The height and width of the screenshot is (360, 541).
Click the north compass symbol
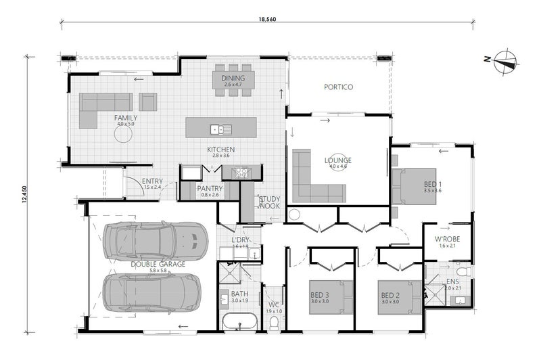(504, 61)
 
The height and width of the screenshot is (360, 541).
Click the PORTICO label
(338, 87)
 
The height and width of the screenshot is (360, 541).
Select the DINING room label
(233, 78)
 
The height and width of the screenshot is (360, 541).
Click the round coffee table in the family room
(123, 134)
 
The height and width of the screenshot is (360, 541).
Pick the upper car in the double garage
(155, 240)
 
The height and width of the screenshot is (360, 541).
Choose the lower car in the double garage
(151, 292)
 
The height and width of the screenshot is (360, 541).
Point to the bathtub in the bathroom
(239, 321)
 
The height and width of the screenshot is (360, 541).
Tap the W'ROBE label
(447, 239)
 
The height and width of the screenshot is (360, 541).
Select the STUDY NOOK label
(270, 201)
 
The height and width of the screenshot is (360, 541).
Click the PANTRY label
(210, 188)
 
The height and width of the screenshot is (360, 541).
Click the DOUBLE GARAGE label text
(158, 264)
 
